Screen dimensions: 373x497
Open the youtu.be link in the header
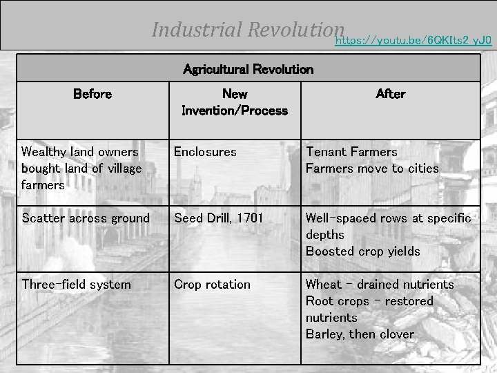point(413,41)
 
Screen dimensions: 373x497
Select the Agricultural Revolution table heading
point(248,69)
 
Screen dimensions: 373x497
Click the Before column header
point(92,94)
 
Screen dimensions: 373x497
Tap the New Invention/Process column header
point(234,102)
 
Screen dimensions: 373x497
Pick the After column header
point(390,94)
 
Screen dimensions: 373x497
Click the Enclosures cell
point(205,151)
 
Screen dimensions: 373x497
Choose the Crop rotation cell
point(212,285)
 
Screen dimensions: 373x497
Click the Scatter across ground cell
point(85,218)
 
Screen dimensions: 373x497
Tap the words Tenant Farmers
point(351,151)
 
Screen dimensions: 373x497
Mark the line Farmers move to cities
point(372,168)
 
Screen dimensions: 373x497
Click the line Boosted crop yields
point(362,251)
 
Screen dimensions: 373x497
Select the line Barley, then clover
point(360,334)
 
